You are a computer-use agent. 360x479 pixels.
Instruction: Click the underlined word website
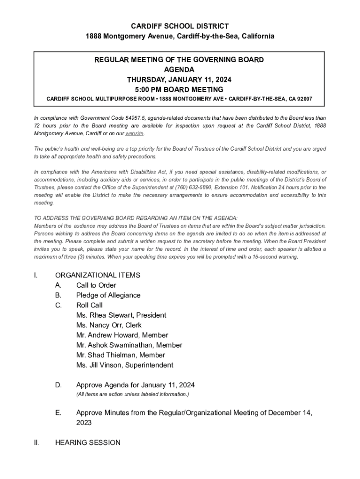tap(134, 133)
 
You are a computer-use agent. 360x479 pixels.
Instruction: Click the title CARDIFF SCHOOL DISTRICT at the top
tap(180, 26)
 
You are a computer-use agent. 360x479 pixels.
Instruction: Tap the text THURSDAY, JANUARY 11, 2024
tap(180, 80)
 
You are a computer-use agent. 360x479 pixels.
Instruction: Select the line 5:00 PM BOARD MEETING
tap(180, 90)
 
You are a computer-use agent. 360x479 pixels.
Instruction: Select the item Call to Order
tap(96, 285)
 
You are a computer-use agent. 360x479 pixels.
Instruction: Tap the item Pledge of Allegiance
tap(108, 295)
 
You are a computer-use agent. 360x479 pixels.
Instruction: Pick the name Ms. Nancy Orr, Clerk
tap(109, 325)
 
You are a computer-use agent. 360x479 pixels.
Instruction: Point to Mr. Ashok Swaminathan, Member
tap(129, 345)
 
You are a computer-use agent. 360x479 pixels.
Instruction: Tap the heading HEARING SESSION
tap(87, 443)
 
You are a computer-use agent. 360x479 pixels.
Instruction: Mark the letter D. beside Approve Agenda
tap(58, 385)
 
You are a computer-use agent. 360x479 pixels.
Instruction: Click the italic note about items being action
tap(132, 395)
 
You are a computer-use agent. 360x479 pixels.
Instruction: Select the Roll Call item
tap(89, 305)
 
